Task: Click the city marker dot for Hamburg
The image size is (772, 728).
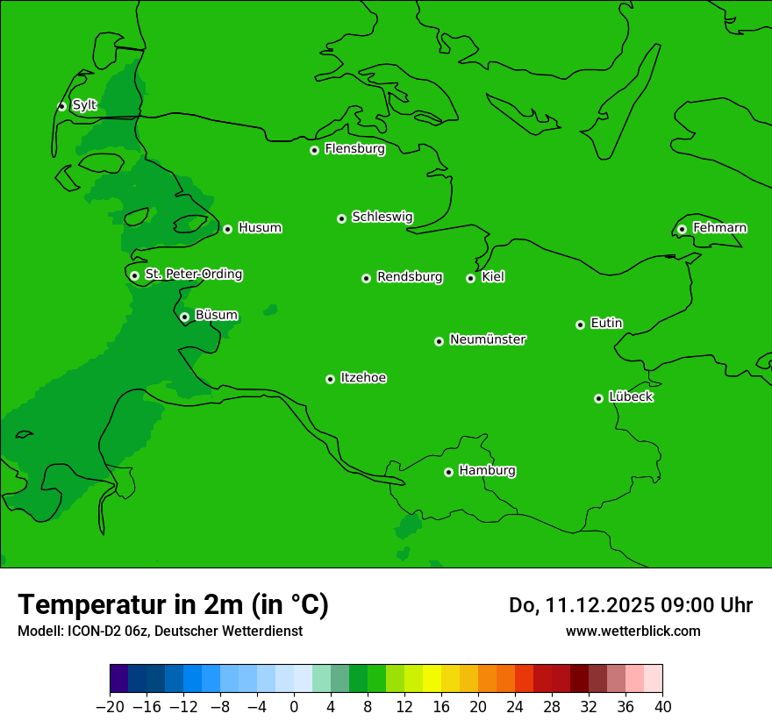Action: [x=448, y=472]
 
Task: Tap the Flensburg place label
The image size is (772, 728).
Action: [x=354, y=149]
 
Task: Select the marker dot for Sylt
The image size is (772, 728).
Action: [x=61, y=106]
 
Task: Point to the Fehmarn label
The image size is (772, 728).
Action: [x=719, y=228]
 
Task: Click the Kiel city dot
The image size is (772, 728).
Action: [x=470, y=278]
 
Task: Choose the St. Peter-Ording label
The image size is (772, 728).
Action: [x=193, y=275]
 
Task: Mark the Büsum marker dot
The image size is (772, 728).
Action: [x=184, y=317]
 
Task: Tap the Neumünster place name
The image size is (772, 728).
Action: [x=488, y=339]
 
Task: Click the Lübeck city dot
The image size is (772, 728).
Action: [x=598, y=398]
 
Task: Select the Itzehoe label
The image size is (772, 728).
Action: [x=363, y=378]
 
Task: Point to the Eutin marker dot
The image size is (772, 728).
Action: [x=580, y=325]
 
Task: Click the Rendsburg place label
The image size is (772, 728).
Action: [x=410, y=277]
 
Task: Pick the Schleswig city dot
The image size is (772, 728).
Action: [x=341, y=218]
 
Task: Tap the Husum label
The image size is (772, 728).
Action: [x=260, y=228]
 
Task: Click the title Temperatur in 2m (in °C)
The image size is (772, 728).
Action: [x=173, y=604]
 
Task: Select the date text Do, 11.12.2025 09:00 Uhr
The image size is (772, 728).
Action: [x=631, y=605]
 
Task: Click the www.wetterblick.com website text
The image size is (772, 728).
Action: [x=633, y=631]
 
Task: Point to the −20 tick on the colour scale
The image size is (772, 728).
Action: [x=110, y=707]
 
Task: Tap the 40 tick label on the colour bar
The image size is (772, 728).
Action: [x=662, y=707]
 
